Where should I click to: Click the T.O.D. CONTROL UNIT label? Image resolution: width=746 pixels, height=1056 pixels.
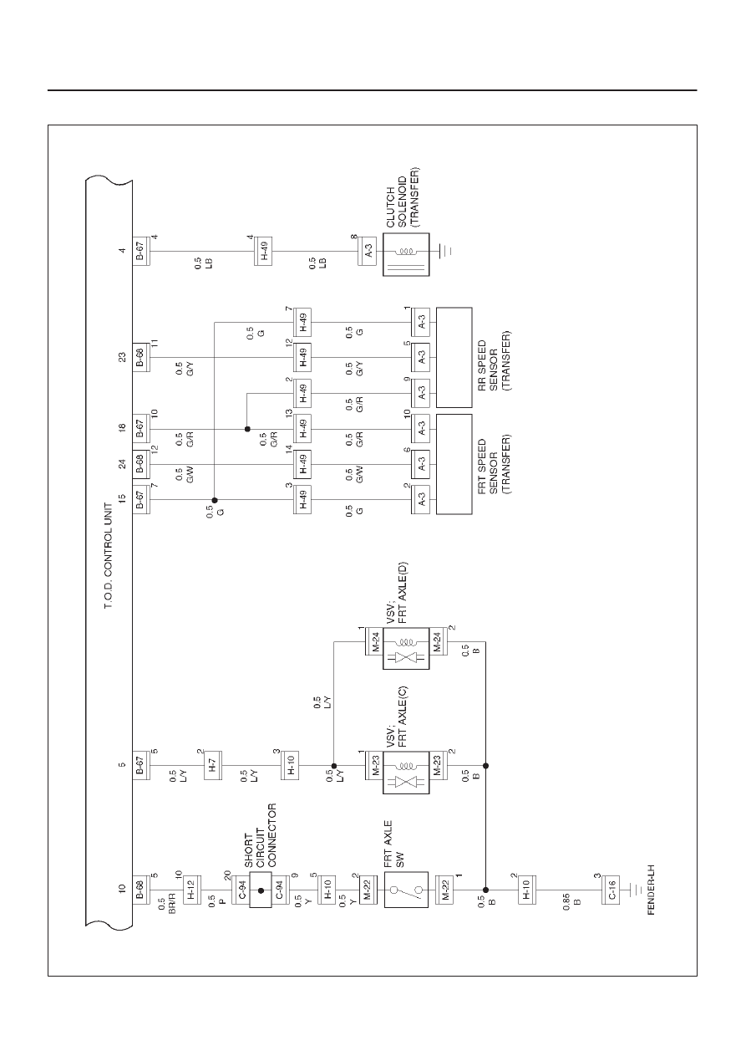[x=108, y=556]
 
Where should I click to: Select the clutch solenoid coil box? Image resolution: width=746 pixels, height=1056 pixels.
[x=406, y=254]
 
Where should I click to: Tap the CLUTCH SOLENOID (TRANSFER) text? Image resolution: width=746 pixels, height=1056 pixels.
[x=402, y=198]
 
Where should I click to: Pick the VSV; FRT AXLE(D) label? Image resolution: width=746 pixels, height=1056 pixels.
[x=397, y=593]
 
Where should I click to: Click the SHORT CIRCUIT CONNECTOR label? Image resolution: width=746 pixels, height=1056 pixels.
[x=260, y=835]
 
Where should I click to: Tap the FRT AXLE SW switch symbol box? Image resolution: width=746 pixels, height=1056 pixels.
[x=406, y=889]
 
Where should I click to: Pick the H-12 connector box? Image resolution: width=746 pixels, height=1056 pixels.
[x=191, y=890]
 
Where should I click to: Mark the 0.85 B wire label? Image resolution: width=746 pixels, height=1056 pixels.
[x=571, y=901]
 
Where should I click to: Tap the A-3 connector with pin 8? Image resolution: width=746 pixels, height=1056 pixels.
[x=368, y=251]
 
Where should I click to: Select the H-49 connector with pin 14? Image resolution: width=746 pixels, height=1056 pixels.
[x=302, y=464]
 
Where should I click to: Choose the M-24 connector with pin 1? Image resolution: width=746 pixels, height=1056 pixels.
[x=374, y=641]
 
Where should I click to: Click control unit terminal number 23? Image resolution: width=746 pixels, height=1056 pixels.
[x=123, y=357]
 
